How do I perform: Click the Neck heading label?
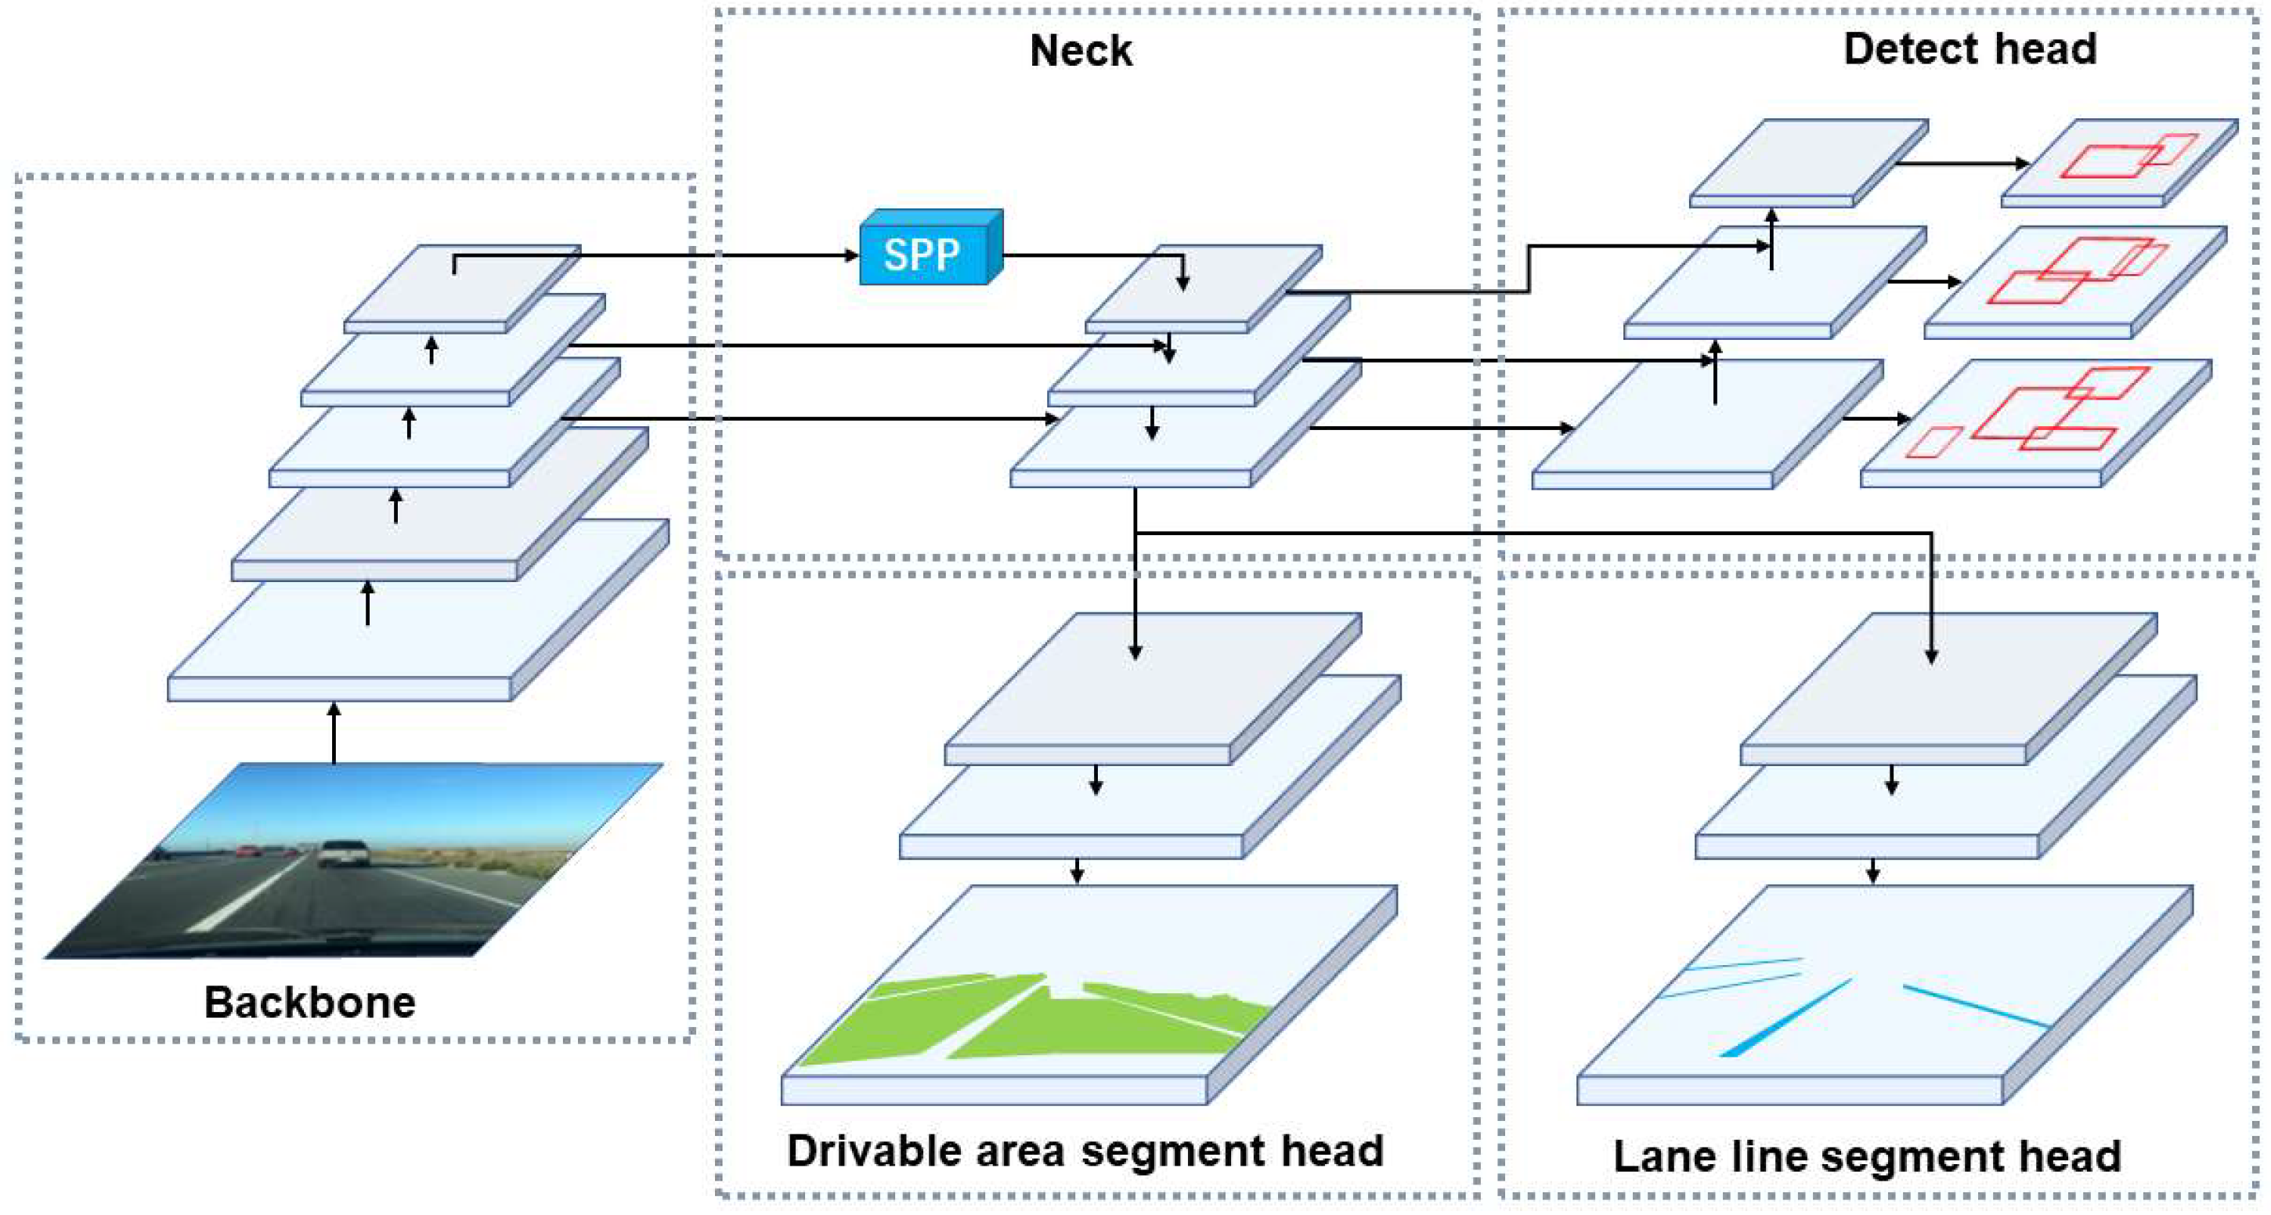pos(1081,51)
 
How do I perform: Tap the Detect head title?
pos(1970,49)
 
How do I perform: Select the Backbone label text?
pos(309,1003)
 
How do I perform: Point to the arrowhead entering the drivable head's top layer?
pos(1135,653)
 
